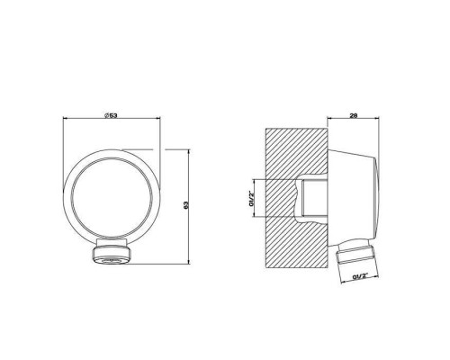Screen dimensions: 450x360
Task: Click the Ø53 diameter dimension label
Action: point(111,115)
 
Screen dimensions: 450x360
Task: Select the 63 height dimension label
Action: point(185,205)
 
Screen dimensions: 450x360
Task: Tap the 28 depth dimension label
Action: point(354,115)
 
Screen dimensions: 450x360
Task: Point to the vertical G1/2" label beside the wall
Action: point(250,198)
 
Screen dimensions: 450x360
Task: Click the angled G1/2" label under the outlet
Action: point(360,276)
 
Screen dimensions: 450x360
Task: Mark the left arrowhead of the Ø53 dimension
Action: point(65,118)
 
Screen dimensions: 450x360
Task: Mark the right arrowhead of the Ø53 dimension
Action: point(158,118)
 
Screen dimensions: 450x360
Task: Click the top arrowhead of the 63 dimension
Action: point(188,151)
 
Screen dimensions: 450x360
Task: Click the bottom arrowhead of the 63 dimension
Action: point(188,262)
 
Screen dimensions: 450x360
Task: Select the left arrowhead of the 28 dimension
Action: point(329,118)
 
